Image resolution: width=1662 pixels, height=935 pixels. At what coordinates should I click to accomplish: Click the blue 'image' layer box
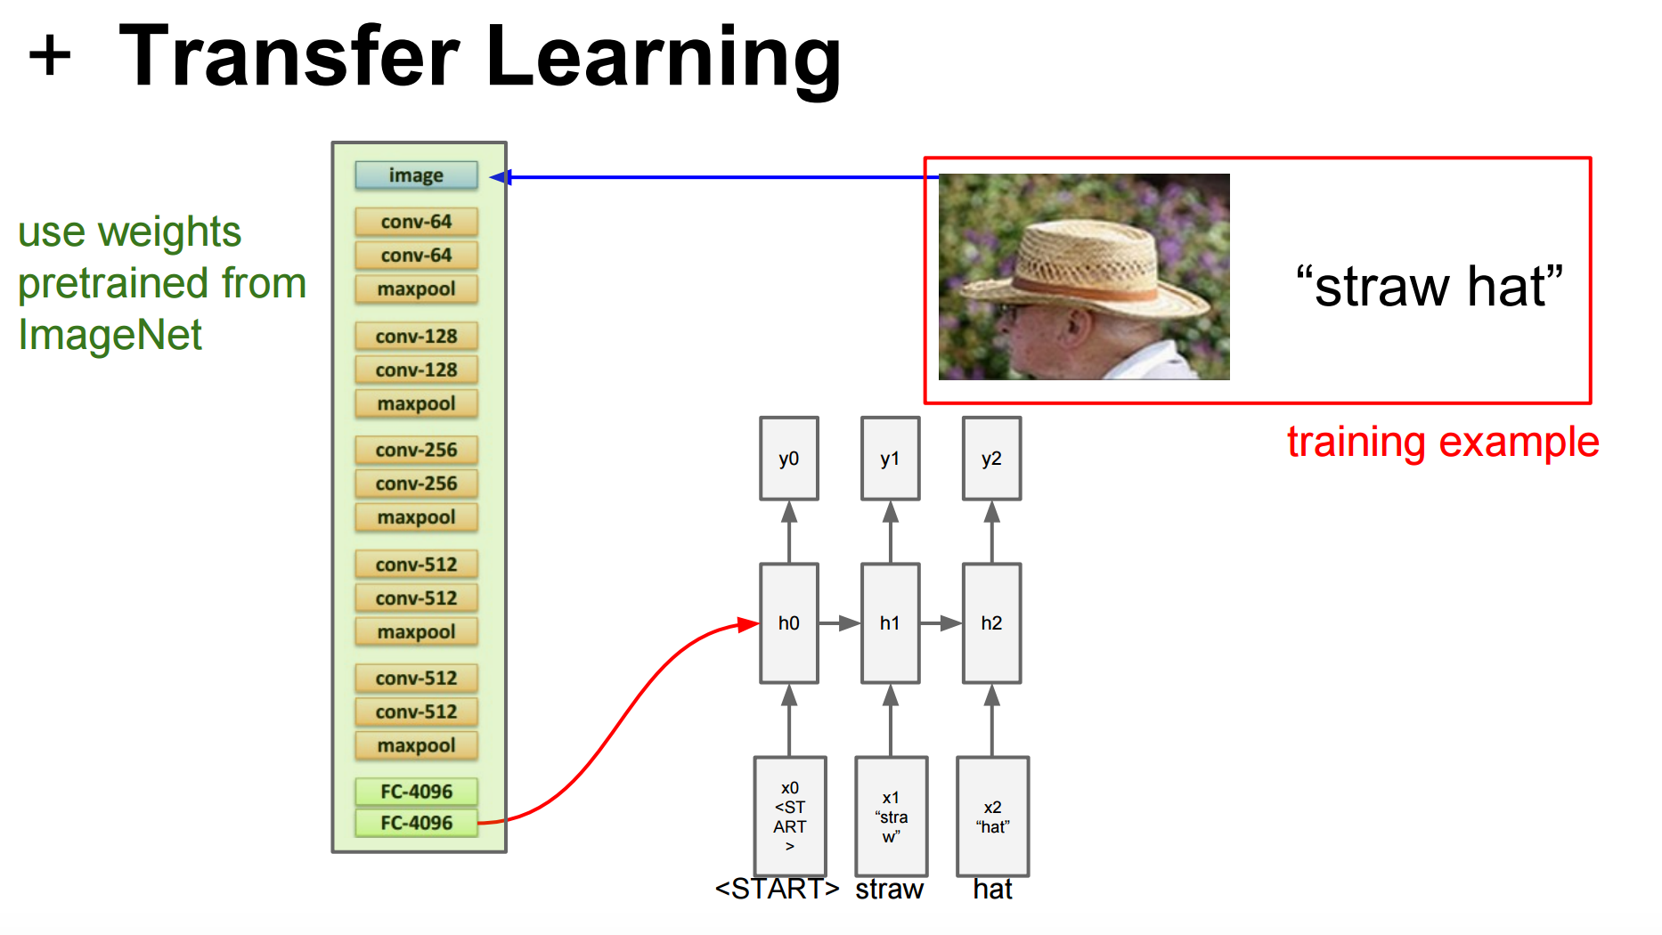point(416,175)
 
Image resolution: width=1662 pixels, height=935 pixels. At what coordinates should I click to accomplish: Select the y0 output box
point(789,459)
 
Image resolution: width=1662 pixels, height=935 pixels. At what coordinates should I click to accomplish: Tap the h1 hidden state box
point(890,623)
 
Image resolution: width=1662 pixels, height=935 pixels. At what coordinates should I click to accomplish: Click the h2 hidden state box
point(991,623)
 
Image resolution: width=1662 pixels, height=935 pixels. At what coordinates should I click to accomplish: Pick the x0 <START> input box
point(790,817)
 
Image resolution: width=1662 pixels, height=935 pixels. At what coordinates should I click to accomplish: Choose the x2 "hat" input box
point(992,817)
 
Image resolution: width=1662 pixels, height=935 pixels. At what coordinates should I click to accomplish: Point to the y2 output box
point(991,459)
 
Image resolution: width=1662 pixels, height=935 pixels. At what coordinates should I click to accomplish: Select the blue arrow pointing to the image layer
point(713,177)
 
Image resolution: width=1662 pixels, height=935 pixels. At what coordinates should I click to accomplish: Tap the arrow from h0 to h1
point(839,623)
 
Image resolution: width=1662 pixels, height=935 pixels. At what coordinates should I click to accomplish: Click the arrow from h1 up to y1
point(890,532)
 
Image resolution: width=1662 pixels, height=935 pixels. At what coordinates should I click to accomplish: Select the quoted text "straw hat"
point(1429,287)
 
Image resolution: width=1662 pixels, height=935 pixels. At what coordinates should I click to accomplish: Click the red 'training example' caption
point(1443,443)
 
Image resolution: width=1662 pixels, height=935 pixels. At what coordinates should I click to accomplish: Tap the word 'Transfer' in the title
point(289,57)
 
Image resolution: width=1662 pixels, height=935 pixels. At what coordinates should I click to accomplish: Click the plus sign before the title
point(50,55)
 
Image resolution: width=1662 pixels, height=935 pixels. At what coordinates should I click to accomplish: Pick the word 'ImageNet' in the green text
point(110,336)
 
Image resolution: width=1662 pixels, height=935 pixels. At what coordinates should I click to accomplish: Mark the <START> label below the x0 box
point(777,889)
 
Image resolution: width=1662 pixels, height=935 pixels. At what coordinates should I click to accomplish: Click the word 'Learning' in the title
point(664,59)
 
